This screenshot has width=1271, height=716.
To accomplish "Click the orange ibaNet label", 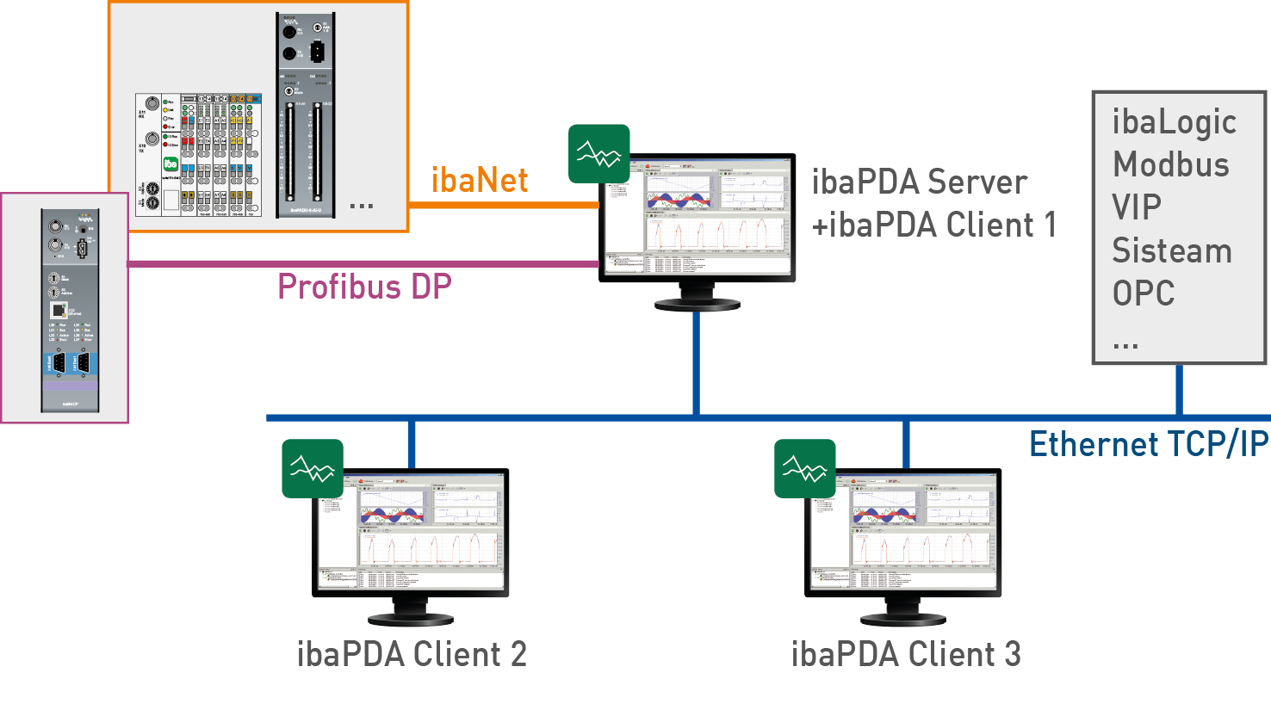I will (x=479, y=181).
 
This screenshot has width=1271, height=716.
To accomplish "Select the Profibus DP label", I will (x=364, y=287).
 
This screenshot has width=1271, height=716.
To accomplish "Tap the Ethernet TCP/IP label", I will (x=1149, y=445).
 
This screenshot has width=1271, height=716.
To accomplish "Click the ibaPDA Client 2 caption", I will (x=412, y=655).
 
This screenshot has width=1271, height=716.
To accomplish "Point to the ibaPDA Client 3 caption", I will (x=906, y=655).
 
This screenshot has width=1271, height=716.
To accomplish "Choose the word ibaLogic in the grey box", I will (x=1174, y=122).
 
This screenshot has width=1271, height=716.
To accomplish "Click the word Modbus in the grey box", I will (x=1171, y=164).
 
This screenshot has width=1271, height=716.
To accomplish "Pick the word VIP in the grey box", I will (x=1137, y=207).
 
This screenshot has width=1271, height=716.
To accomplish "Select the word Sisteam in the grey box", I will (x=1172, y=250).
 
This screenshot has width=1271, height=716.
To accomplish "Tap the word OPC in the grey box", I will (x=1144, y=293).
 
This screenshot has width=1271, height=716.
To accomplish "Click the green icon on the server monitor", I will (x=598, y=154).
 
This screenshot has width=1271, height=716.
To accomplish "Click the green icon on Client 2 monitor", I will (x=313, y=469).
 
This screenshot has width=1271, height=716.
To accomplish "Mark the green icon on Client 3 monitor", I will (x=804, y=469).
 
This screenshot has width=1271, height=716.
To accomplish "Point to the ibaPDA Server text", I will (x=919, y=182).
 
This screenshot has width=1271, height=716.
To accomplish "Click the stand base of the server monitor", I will (x=697, y=304).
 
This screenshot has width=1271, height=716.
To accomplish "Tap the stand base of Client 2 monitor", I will (x=411, y=619).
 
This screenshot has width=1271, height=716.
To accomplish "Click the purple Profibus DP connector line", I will (x=362, y=264).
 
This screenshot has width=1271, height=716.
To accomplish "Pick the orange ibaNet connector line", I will (x=503, y=205).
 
